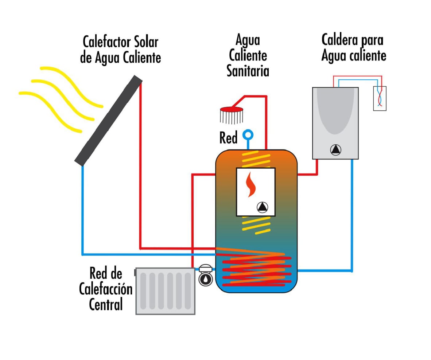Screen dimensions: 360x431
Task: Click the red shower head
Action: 232,109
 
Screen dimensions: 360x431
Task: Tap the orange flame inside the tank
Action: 250,184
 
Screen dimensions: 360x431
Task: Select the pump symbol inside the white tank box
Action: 262,207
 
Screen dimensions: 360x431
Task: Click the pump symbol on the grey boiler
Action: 335,150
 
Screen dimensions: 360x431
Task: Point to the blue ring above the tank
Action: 249,134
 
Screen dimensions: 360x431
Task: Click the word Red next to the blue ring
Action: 229,138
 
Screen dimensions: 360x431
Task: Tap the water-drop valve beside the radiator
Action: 206,278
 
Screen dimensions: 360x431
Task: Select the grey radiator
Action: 165,291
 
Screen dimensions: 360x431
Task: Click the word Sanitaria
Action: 248,71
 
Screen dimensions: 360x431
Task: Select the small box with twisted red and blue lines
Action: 380,98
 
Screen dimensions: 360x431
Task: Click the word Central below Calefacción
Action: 106,304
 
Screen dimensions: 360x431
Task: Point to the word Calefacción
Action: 106,289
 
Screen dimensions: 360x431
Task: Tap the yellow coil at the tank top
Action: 256,158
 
